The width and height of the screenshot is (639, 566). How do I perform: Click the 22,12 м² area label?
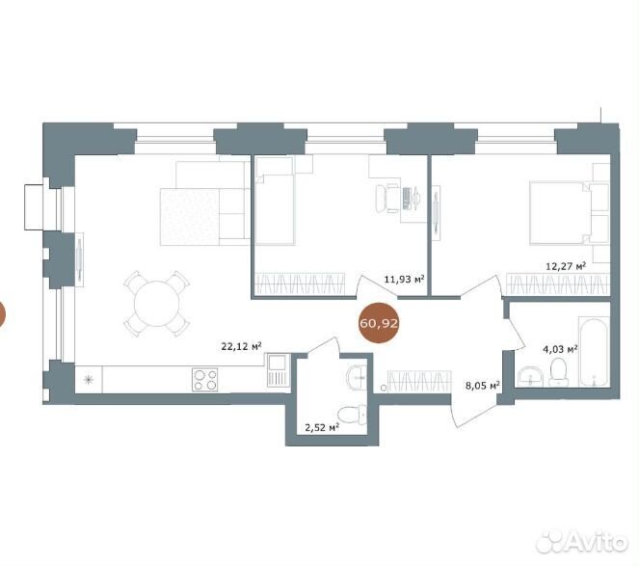coord(241,346)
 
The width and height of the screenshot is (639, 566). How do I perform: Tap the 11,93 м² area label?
coord(404,280)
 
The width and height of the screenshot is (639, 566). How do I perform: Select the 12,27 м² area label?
coord(566,266)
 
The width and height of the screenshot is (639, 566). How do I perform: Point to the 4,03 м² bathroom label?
coord(560,349)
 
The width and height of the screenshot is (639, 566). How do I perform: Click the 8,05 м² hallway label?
coord(483,385)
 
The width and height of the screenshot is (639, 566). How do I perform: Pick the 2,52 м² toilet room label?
coord(322,427)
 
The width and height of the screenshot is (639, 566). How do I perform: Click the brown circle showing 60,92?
coord(379,323)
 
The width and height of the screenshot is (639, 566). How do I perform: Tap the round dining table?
coord(156,304)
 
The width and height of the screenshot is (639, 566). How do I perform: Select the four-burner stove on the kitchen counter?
coord(204,380)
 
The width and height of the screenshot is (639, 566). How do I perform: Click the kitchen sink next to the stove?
coord(278,370)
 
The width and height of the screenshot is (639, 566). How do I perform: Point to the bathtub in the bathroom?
coord(594,352)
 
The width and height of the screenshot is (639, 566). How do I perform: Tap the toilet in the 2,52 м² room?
coord(353,415)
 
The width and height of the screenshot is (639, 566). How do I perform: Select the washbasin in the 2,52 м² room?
coord(357,377)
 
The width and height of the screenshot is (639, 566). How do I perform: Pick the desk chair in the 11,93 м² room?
coord(386,199)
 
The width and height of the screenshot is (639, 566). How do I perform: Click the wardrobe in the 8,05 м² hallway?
coord(419,382)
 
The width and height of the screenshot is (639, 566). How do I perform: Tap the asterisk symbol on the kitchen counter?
coord(89,380)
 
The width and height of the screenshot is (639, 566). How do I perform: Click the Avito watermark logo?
coord(582,542)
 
